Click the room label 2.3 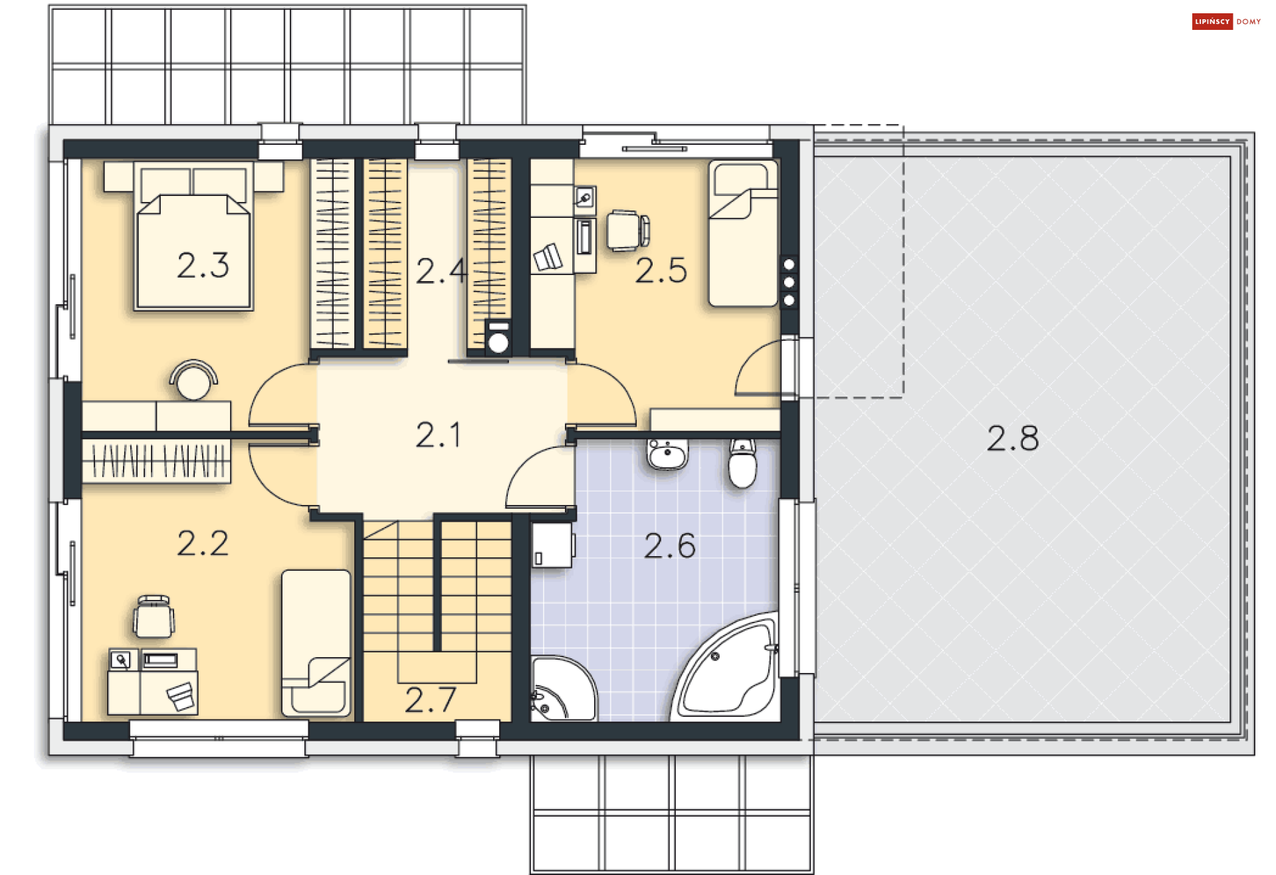[x=203, y=266]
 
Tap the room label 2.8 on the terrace [x=1012, y=438]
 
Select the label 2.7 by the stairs [x=431, y=700]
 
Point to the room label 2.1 [x=438, y=435]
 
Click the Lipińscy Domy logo [x=1226, y=21]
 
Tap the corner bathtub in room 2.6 [x=726, y=667]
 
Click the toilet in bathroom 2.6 [x=742, y=462]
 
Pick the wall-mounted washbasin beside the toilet [x=667, y=454]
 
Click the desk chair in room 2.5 [x=627, y=231]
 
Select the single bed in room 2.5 [x=743, y=233]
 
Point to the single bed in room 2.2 [x=316, y=642]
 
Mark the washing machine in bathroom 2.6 [x=552, y=545]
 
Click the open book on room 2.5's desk [x=548, y=258]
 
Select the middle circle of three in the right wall [x=789, y=282]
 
